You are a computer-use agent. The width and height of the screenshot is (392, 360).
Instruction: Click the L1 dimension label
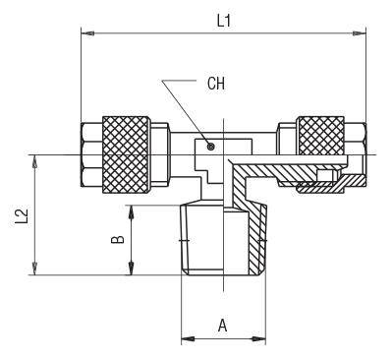(224, 21)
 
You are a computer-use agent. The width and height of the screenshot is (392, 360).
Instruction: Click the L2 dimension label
(23, 216)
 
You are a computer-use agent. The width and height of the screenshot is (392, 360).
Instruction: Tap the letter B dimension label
(118, 239)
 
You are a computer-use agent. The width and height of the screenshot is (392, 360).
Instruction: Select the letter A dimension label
(223, 326)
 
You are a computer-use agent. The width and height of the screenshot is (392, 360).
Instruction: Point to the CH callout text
(216, 84)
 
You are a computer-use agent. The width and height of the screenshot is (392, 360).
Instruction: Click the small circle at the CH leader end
(211, 147)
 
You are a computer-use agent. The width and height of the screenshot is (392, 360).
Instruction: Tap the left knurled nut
(126, 154)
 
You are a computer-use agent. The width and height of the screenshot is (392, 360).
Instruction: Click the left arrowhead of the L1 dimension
(87, 33)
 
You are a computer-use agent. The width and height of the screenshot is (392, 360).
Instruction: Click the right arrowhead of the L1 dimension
(360, 33)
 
